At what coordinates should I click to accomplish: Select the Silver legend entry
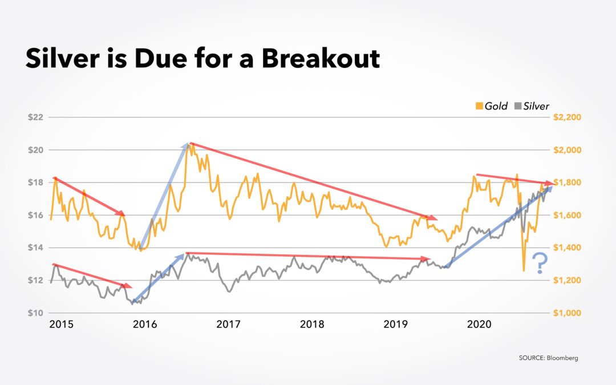click(533, 106)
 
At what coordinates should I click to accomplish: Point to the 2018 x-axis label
click(311, 325)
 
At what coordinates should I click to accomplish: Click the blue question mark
click(539, 264)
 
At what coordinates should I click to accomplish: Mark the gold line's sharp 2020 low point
click(524, 270)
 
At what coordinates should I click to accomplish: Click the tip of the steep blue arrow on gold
click(188, 144)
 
